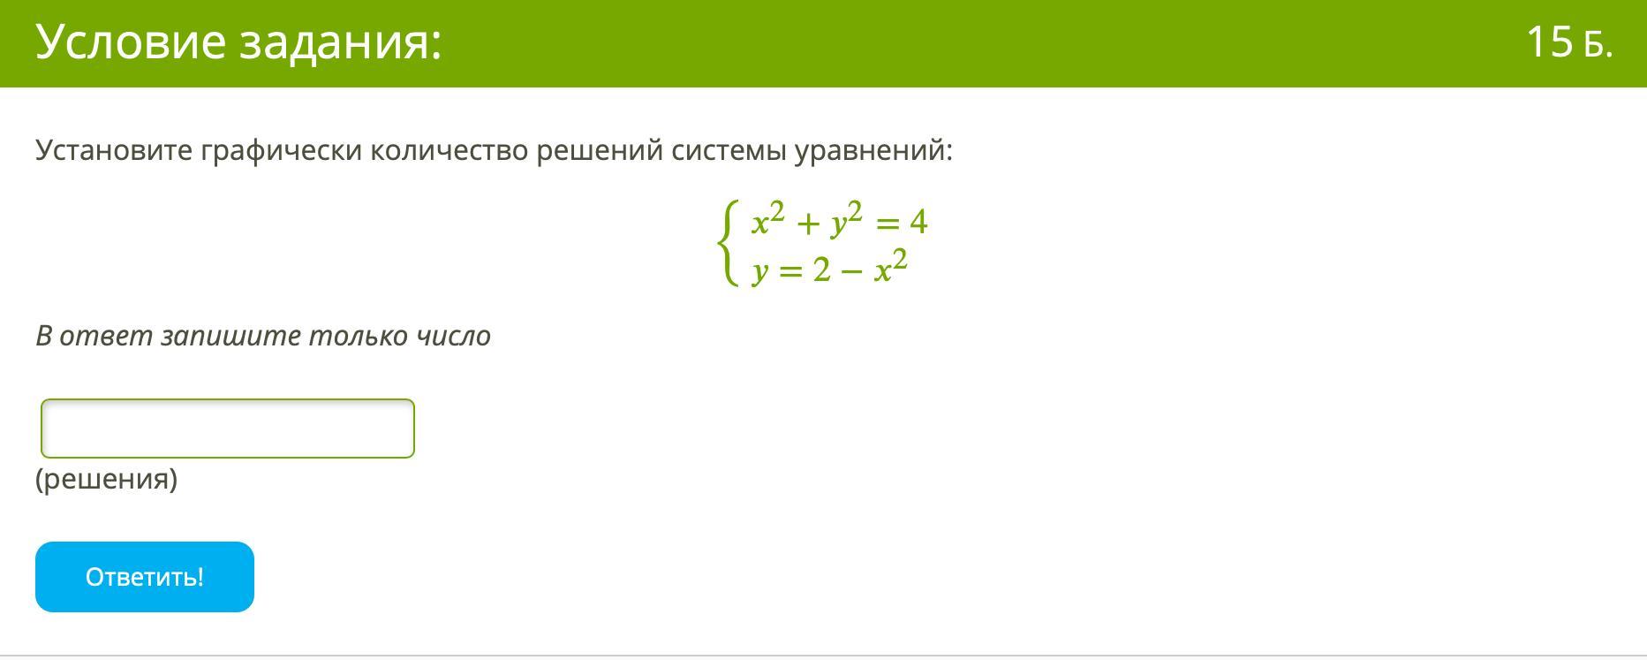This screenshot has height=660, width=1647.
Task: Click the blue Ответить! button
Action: [x=145, y=577]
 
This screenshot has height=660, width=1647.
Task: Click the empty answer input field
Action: [x=228, y=429]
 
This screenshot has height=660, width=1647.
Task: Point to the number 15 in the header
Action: [x=1549, y=42]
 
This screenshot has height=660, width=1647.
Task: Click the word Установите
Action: [x=114, y=151]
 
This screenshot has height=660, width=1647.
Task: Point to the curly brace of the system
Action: [x=727, y=242]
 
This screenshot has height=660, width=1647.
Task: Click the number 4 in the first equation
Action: [x=918, y=222]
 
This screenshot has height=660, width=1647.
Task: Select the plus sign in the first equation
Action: [x=807, y=224]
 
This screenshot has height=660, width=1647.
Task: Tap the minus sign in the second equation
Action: [x=851, y=270]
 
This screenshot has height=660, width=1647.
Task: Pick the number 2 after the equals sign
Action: [x=821, y=269]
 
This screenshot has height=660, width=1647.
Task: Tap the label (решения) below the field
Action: [x=107, y=479]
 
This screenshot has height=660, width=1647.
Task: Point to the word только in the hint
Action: [x=365, y=337]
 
